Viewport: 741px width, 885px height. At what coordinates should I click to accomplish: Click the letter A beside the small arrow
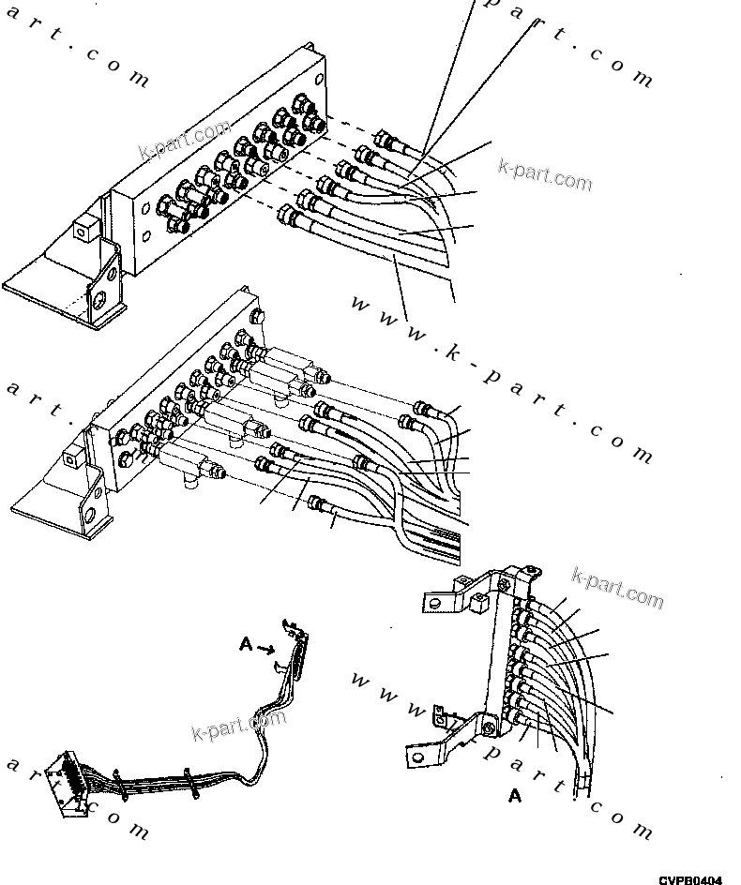246,644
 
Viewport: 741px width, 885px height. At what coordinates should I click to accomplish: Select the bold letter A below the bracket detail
515,796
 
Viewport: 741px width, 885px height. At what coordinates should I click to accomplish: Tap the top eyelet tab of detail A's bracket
531,569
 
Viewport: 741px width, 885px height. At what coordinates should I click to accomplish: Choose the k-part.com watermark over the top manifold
184,140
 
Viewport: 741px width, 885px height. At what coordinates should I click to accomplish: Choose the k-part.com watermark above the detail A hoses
616,588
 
